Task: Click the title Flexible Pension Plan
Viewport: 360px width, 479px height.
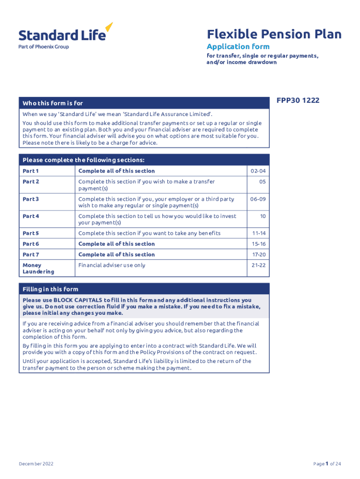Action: [x=274, y=34]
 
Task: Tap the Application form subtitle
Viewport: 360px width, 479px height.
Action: [x=238, y=46]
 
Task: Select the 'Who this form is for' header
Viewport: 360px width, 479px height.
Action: [x=53, y=103]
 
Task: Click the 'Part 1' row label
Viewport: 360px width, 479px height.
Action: [x=31, y=171]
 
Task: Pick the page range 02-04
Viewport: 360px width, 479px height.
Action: [x=258, y=171]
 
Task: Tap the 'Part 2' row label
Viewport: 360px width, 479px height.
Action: [x=31, y=181]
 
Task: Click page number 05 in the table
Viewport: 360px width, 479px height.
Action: [x=262, y=181]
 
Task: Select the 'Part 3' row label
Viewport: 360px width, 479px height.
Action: [x=31, y=199]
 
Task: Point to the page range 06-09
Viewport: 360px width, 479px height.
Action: [x=258, y=199]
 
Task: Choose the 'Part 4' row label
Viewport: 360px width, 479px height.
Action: [x=31, y=216]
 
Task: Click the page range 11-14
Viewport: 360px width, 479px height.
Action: [x=259, y=233]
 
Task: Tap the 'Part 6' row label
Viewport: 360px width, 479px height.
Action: [x=31, y=244]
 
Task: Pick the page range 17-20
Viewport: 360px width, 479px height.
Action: [x=259, y=254]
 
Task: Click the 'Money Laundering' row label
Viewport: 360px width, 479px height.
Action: [x=38, y=269]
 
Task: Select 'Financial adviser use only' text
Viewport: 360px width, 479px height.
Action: [x=112, y=265]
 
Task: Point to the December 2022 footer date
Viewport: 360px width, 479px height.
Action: [x=36, y=464]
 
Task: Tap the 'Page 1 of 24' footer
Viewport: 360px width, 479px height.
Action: [x=327, y=464]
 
